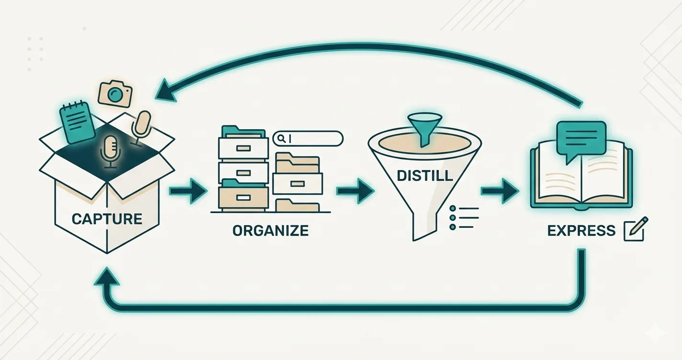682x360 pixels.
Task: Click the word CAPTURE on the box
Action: point(107,219)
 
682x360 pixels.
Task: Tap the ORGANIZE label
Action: point(271,230)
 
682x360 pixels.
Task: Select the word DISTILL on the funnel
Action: point(424,176)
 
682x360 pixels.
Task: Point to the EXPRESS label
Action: point(581,230)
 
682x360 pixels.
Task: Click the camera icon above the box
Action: point(115,94)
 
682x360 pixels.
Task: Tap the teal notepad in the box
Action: point(78,123)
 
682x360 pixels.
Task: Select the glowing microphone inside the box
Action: point(110,151)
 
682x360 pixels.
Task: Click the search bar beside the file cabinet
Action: point(308,138)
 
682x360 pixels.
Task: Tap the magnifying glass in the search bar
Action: point(282,139)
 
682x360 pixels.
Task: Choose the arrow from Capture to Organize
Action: point(188,191)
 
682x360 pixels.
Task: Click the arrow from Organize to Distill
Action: point(355,191)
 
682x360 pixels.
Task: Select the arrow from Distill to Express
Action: point(500,191)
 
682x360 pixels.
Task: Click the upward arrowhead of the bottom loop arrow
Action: point(107,277)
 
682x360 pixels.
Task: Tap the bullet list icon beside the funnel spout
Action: point(464,218)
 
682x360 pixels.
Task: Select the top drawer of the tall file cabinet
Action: point(243,148)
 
